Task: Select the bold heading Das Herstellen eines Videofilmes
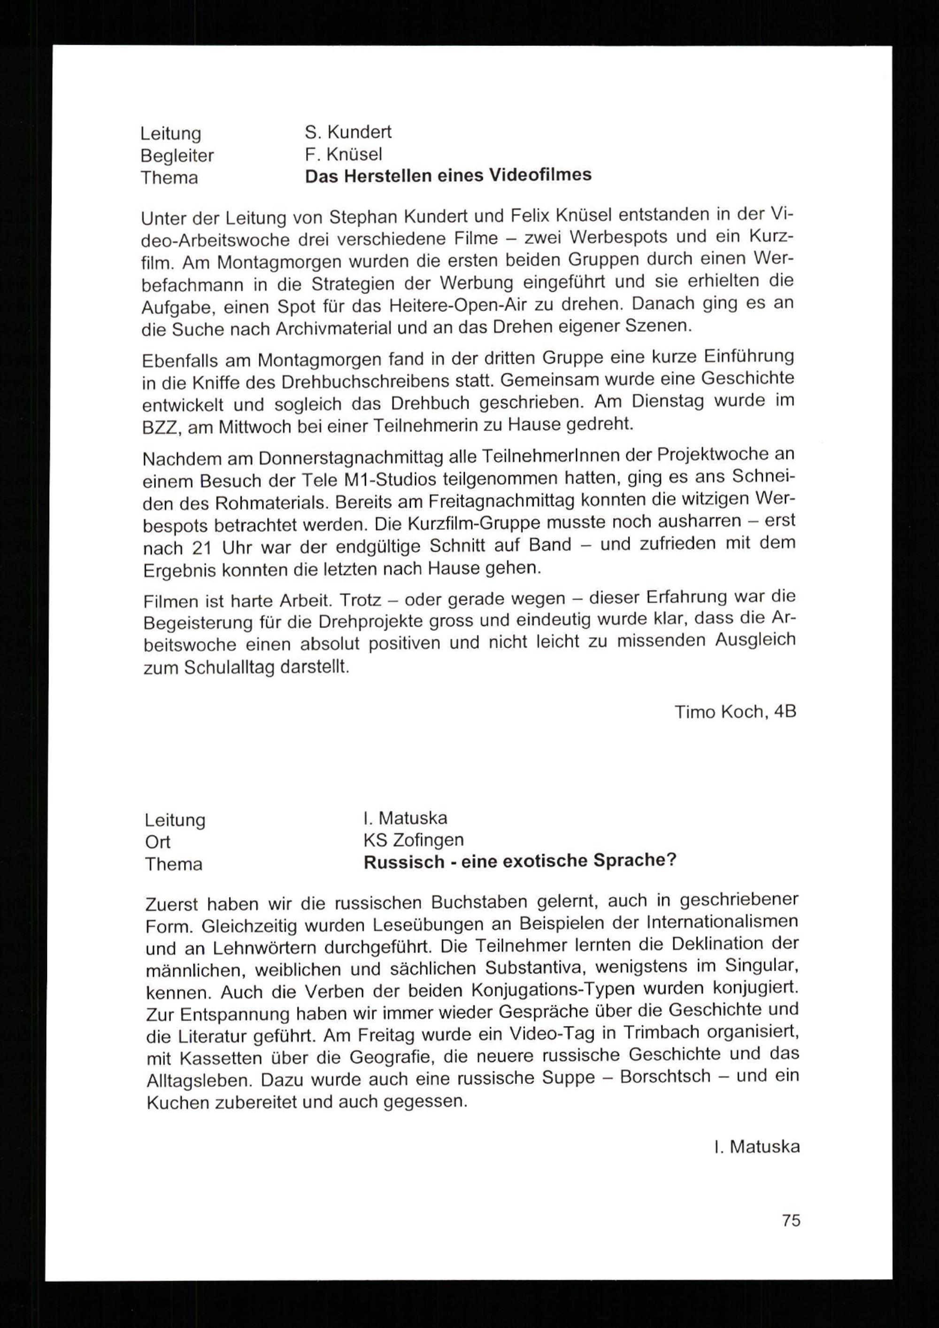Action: (x=448, y=175)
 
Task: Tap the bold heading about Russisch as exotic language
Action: (x=519, y=861)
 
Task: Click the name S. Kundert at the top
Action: (x=348, y=132)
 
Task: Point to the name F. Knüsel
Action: (x=344, y=154)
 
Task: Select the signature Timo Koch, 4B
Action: (x=735, y=711)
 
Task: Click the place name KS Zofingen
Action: (x=414, y=839)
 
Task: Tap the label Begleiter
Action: (x=177, y=155)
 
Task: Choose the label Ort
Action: (x=158, y=842)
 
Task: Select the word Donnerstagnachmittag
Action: (x=367, y=458)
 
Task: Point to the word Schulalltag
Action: (x=229, y=668)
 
